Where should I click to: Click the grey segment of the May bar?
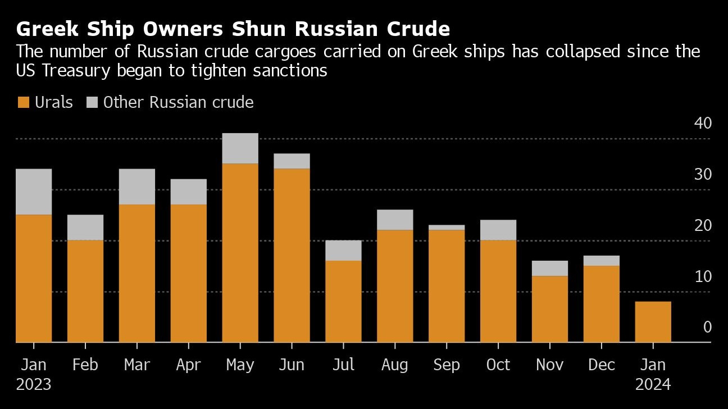pyautogui.click(x=240, y=148)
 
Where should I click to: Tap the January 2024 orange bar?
pyautogui.click(x=653, y=322)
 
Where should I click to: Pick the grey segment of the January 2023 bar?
pyautogui.click(x=34, y=192)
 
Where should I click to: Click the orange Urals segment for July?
pyautogui.click(x=343, y=301)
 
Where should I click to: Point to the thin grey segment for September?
pyautogui.click(x=447, y=228)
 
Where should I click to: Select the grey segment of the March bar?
pyautogui.click(x=137, y=187)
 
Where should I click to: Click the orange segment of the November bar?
pyautogui.click(x=549, y=309)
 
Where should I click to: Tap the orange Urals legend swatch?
pyautogui.click(x=23, y=102)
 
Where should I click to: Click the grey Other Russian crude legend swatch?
pyautogui.click(x=92, y=102)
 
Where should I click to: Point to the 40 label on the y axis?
pyautogui.click(x=703, y=123)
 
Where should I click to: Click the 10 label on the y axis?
pyautogui.click(x=703, y=276)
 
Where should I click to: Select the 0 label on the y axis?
pyautogui.click(x=707, y=327)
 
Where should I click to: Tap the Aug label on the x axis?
pyautogui.click(x=394, y=365)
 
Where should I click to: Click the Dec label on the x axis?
pyautogui.click(x=601, y=365)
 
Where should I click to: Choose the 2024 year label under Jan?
pyautogui.click(x=653, y=385)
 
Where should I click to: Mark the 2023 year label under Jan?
pyautogui.click(x=34, y=385)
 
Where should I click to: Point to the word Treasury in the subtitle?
pyautogui.click(x=87, y=71)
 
